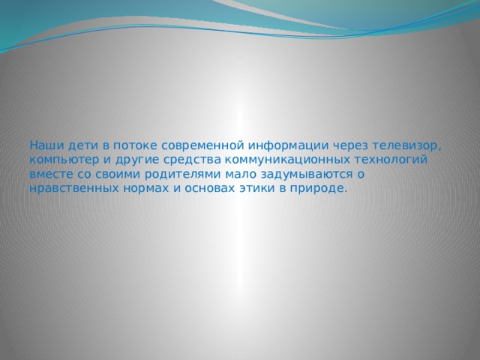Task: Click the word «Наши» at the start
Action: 44,144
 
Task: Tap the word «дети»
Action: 79,144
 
